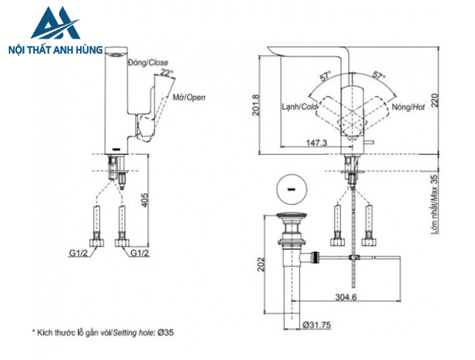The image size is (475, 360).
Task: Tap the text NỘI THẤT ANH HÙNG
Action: click(x=54, y=50)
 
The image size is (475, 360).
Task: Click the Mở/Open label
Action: click(x=189, y=97)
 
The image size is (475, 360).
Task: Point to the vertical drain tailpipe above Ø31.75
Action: click(x=291, y=285)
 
